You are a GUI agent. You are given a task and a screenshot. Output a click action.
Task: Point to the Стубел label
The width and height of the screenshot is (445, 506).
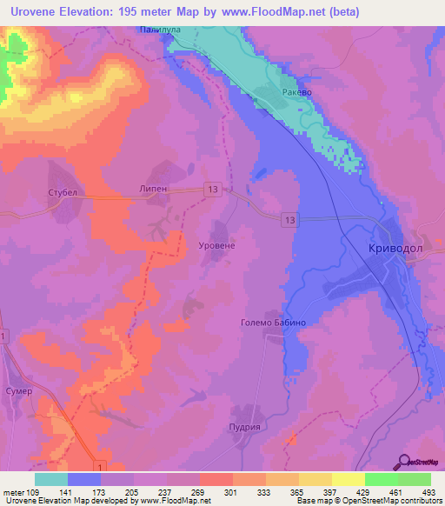63,192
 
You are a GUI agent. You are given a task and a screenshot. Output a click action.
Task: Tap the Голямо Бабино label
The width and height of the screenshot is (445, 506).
273,322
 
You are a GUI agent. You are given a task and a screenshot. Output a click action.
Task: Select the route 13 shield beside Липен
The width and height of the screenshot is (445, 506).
213,189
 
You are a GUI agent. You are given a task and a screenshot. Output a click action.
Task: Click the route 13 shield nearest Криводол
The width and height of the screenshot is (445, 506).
287,221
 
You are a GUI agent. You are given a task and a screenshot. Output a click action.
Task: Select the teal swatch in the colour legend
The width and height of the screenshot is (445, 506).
51,479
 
